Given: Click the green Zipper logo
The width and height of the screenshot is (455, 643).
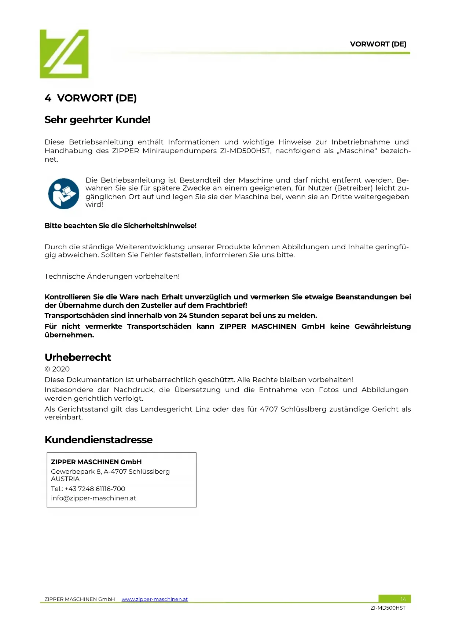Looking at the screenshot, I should pos(64,54).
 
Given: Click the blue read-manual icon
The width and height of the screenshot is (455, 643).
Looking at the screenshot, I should pos(63,193).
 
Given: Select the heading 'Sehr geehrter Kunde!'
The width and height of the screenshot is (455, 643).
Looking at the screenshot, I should pos(98,120).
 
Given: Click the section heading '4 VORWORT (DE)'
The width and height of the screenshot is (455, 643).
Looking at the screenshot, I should pos(91,98).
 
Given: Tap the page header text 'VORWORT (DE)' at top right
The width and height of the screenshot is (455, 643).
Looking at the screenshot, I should pos(378,44).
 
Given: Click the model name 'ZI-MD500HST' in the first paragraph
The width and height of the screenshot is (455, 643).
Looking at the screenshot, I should pos(245,151).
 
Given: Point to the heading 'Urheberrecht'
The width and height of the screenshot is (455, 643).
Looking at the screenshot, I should pos(78,357).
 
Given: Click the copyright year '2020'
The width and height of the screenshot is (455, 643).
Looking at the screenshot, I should pos(61,369).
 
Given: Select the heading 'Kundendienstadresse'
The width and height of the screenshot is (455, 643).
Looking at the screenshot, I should pos(99,440).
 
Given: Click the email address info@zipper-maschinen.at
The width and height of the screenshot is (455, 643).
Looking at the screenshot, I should pos(93,498).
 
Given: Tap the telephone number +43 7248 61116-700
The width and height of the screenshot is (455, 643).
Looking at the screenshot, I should pos(95,489).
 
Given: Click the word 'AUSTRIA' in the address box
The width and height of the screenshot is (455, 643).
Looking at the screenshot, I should pos(65,479).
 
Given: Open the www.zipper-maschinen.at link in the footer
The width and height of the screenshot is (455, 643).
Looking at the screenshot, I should pos(155,599).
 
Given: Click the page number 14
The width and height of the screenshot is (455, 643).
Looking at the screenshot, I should pos(403,599).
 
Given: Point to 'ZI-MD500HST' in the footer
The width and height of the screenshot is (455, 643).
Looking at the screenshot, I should pos(388,608).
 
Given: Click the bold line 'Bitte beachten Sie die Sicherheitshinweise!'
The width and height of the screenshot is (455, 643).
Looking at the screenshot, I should pos(121,226).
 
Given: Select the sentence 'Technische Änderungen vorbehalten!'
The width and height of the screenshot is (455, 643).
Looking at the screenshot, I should pos(112,276).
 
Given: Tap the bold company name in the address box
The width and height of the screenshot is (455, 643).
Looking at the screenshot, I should pos(96,462).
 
